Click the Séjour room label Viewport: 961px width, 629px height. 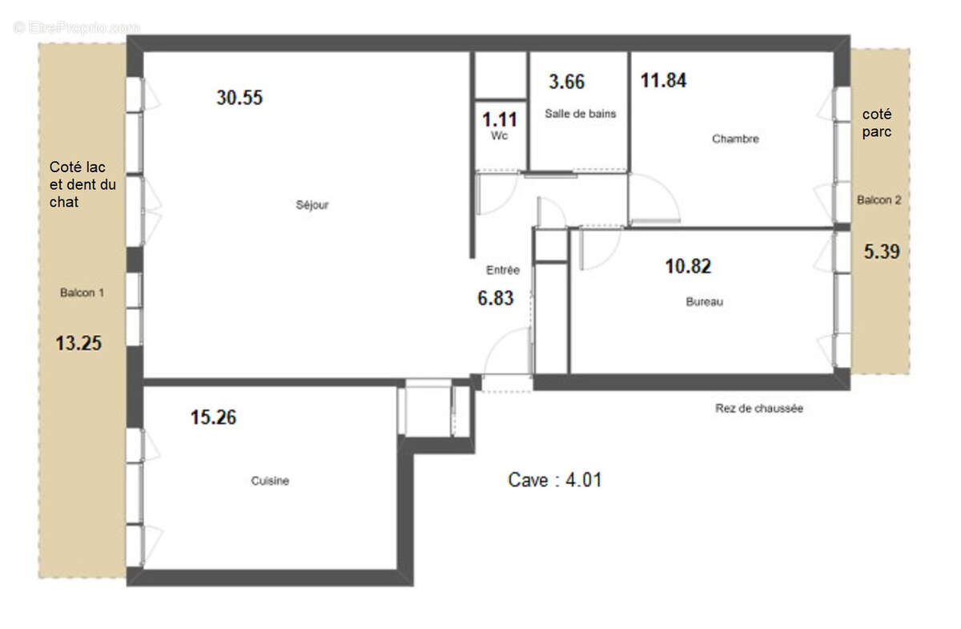[312, 205]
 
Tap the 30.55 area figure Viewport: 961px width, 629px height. [239, 98]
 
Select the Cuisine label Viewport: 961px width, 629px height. [270, 482]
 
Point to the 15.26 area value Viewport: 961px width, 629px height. [213, 417]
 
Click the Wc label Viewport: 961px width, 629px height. [499, 136]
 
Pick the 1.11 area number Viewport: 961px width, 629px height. [499, 120]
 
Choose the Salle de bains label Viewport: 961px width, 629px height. [581, 114]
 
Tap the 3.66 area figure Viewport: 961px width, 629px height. [566, 82]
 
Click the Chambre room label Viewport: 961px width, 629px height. [735, 139]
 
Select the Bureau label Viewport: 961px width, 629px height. [704, 302]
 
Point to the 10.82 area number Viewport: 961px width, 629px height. [688, 266]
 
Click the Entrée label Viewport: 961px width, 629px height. [503, 271]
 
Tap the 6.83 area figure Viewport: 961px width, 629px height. [496, 298]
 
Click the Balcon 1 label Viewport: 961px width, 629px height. [82, 293]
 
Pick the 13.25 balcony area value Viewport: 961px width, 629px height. [78, 344]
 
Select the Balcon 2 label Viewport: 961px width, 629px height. [879, 200]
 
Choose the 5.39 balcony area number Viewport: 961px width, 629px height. [881, 252]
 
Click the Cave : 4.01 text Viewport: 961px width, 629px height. [555, 480]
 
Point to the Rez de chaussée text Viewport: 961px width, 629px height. [758, 409]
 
